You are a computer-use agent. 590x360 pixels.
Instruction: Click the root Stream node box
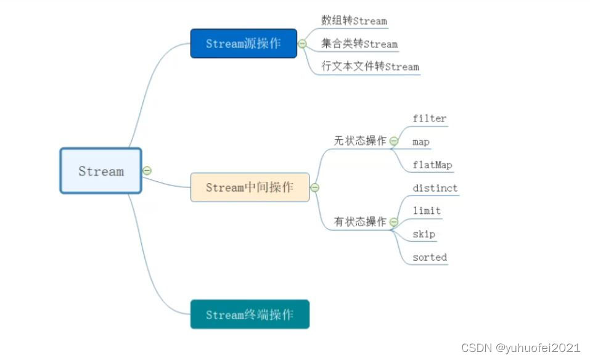click(100, 171)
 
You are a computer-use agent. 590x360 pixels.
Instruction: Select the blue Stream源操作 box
click(244, 43)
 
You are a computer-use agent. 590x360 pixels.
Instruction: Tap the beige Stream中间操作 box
click(250, 187)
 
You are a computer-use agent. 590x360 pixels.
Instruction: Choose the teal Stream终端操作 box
click(250, 314)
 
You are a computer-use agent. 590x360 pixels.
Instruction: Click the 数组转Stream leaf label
click(354, 20)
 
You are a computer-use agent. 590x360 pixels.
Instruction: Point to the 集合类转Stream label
click(359, 44)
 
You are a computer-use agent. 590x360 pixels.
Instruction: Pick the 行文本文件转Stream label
click(370, 66)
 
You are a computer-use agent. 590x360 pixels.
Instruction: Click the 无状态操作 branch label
click(360, 141)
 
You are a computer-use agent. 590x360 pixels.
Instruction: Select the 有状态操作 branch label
click(360, 221)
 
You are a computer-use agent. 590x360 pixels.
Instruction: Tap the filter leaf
click(429, 118)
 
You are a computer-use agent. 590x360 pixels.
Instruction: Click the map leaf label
click(421, 142)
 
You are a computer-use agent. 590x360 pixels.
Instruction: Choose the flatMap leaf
click(432, 165)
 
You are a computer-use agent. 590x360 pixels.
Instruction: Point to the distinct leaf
click(435, 188)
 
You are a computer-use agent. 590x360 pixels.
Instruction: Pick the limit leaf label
click(427, 211)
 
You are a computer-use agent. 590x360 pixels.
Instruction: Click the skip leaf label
click(424, 234)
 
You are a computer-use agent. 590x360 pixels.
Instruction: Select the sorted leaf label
click(430, 257)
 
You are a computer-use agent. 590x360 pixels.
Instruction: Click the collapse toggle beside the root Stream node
click(147, 171)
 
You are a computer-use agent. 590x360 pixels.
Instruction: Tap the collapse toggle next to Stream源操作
click(302, 44)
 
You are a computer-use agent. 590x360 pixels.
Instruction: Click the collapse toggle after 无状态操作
click(394, 141)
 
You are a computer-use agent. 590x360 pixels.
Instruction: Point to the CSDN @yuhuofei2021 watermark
click(521, 348)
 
